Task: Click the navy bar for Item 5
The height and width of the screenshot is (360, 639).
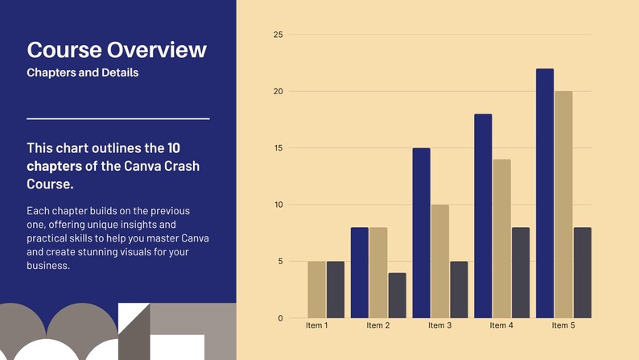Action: pyautogui.click(x=545, y=193)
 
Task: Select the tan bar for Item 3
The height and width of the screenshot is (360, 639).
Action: pyautogui.click(x=440, y=261)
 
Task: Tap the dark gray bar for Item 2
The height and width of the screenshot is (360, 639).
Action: pyautogui.click(x=397, y=295)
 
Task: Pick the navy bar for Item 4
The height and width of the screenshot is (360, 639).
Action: pyautogui.click(x=483, y=216)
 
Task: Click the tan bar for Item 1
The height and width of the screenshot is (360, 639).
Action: pyautogui.click(x=316, y=289)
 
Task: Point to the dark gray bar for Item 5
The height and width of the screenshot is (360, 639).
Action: pyautogui.click(x=583, y=272)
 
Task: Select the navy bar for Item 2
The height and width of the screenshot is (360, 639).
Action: pyautogui.click(x=359, y=272)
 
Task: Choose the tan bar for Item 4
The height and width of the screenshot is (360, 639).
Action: pyautogui.click(x=502, y=238)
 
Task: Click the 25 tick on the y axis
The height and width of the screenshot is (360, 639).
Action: pyautogui.click(x=278, y=35)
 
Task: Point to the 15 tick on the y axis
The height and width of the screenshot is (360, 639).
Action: pyautogui.click(x=278, y=148)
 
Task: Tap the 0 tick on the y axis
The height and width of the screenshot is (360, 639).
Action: pyautogui.click(x=280, y=318)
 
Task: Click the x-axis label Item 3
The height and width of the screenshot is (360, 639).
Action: pyautogui.click(x=439, y=326)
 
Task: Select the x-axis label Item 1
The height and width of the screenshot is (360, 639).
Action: pyautogui.click(x=316, y=326)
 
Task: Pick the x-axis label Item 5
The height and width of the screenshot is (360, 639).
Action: pyautogui.click(x=563, y=326)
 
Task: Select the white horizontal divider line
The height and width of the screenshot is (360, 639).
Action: pyautogui.click(x=118, y=118)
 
